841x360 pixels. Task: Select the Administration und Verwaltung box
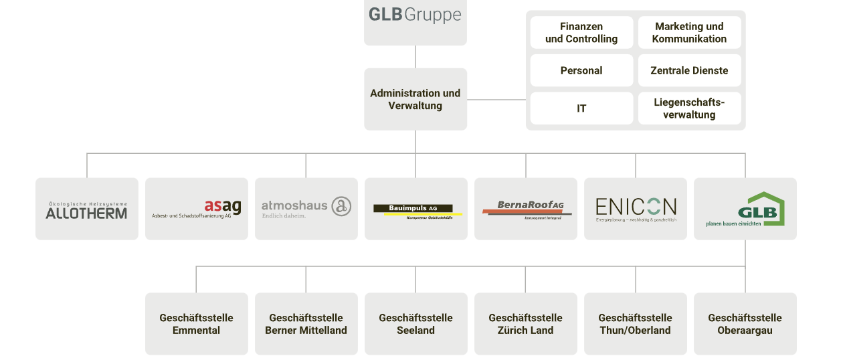pos(415,99)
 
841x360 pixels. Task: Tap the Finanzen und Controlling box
pos(581,33)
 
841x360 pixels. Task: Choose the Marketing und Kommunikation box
pos(689,33)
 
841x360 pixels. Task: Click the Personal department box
pos(581,70)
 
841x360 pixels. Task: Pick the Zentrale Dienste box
pos(689,70)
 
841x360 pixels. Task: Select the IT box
pos(581,108)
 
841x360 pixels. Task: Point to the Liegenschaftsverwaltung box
pos(689,108)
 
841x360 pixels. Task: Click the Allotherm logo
pos(86,209)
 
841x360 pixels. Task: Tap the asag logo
pos(196,209)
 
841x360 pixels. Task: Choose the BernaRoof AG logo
pos(526,209)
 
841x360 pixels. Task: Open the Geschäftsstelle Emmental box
pos(196,324)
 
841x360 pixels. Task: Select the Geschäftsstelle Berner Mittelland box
pos(306,324)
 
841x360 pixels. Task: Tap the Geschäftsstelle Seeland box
pos(415,324)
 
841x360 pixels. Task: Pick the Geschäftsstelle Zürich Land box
pos(525,324)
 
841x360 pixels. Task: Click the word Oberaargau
pos(745,331)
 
